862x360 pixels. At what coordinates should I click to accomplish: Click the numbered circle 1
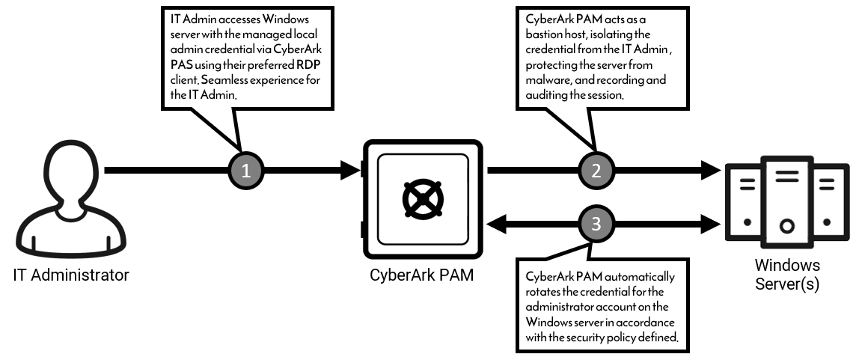(248, 171)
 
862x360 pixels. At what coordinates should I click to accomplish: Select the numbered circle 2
(596, 171)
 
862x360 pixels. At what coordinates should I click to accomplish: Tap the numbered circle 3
(596, 223)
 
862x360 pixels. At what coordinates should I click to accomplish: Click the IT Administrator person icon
(70, 201)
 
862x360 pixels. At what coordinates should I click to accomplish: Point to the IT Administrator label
(71, 275)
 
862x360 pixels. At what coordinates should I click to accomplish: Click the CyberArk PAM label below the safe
(422, 275)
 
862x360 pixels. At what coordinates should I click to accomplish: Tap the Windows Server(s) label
(786, 275)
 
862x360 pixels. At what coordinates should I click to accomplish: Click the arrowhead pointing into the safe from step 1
(352, 171)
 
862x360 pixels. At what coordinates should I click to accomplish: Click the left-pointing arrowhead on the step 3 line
(497, 223)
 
